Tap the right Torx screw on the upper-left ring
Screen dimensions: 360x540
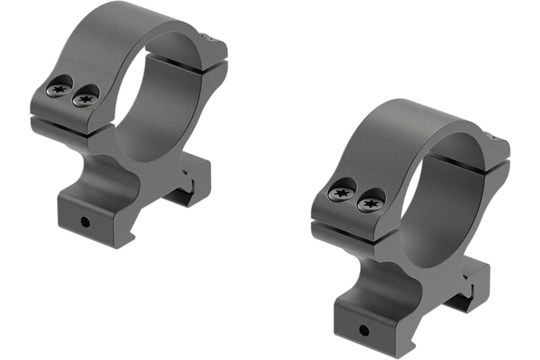click(84, 98)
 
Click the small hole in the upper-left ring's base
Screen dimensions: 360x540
click(84, 221)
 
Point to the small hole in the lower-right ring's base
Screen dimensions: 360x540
click(364, 330)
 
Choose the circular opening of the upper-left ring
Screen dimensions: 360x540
click(148, 104)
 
